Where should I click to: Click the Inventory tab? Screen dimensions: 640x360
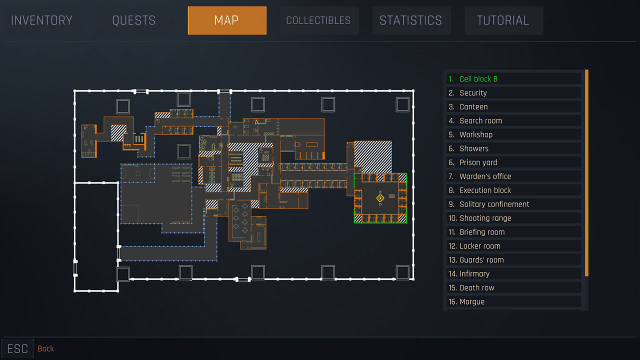41,20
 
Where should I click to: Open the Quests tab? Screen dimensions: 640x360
133,20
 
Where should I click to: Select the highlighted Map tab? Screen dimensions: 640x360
226,20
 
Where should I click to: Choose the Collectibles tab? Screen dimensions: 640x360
318,20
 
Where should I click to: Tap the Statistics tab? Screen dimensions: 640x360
411,20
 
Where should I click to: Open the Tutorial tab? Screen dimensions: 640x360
503,20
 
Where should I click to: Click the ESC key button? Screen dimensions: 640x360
17,348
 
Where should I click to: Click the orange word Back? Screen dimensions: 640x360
46,348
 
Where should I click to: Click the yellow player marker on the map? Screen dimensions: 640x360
380,198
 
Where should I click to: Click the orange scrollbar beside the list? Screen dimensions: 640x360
586,172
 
